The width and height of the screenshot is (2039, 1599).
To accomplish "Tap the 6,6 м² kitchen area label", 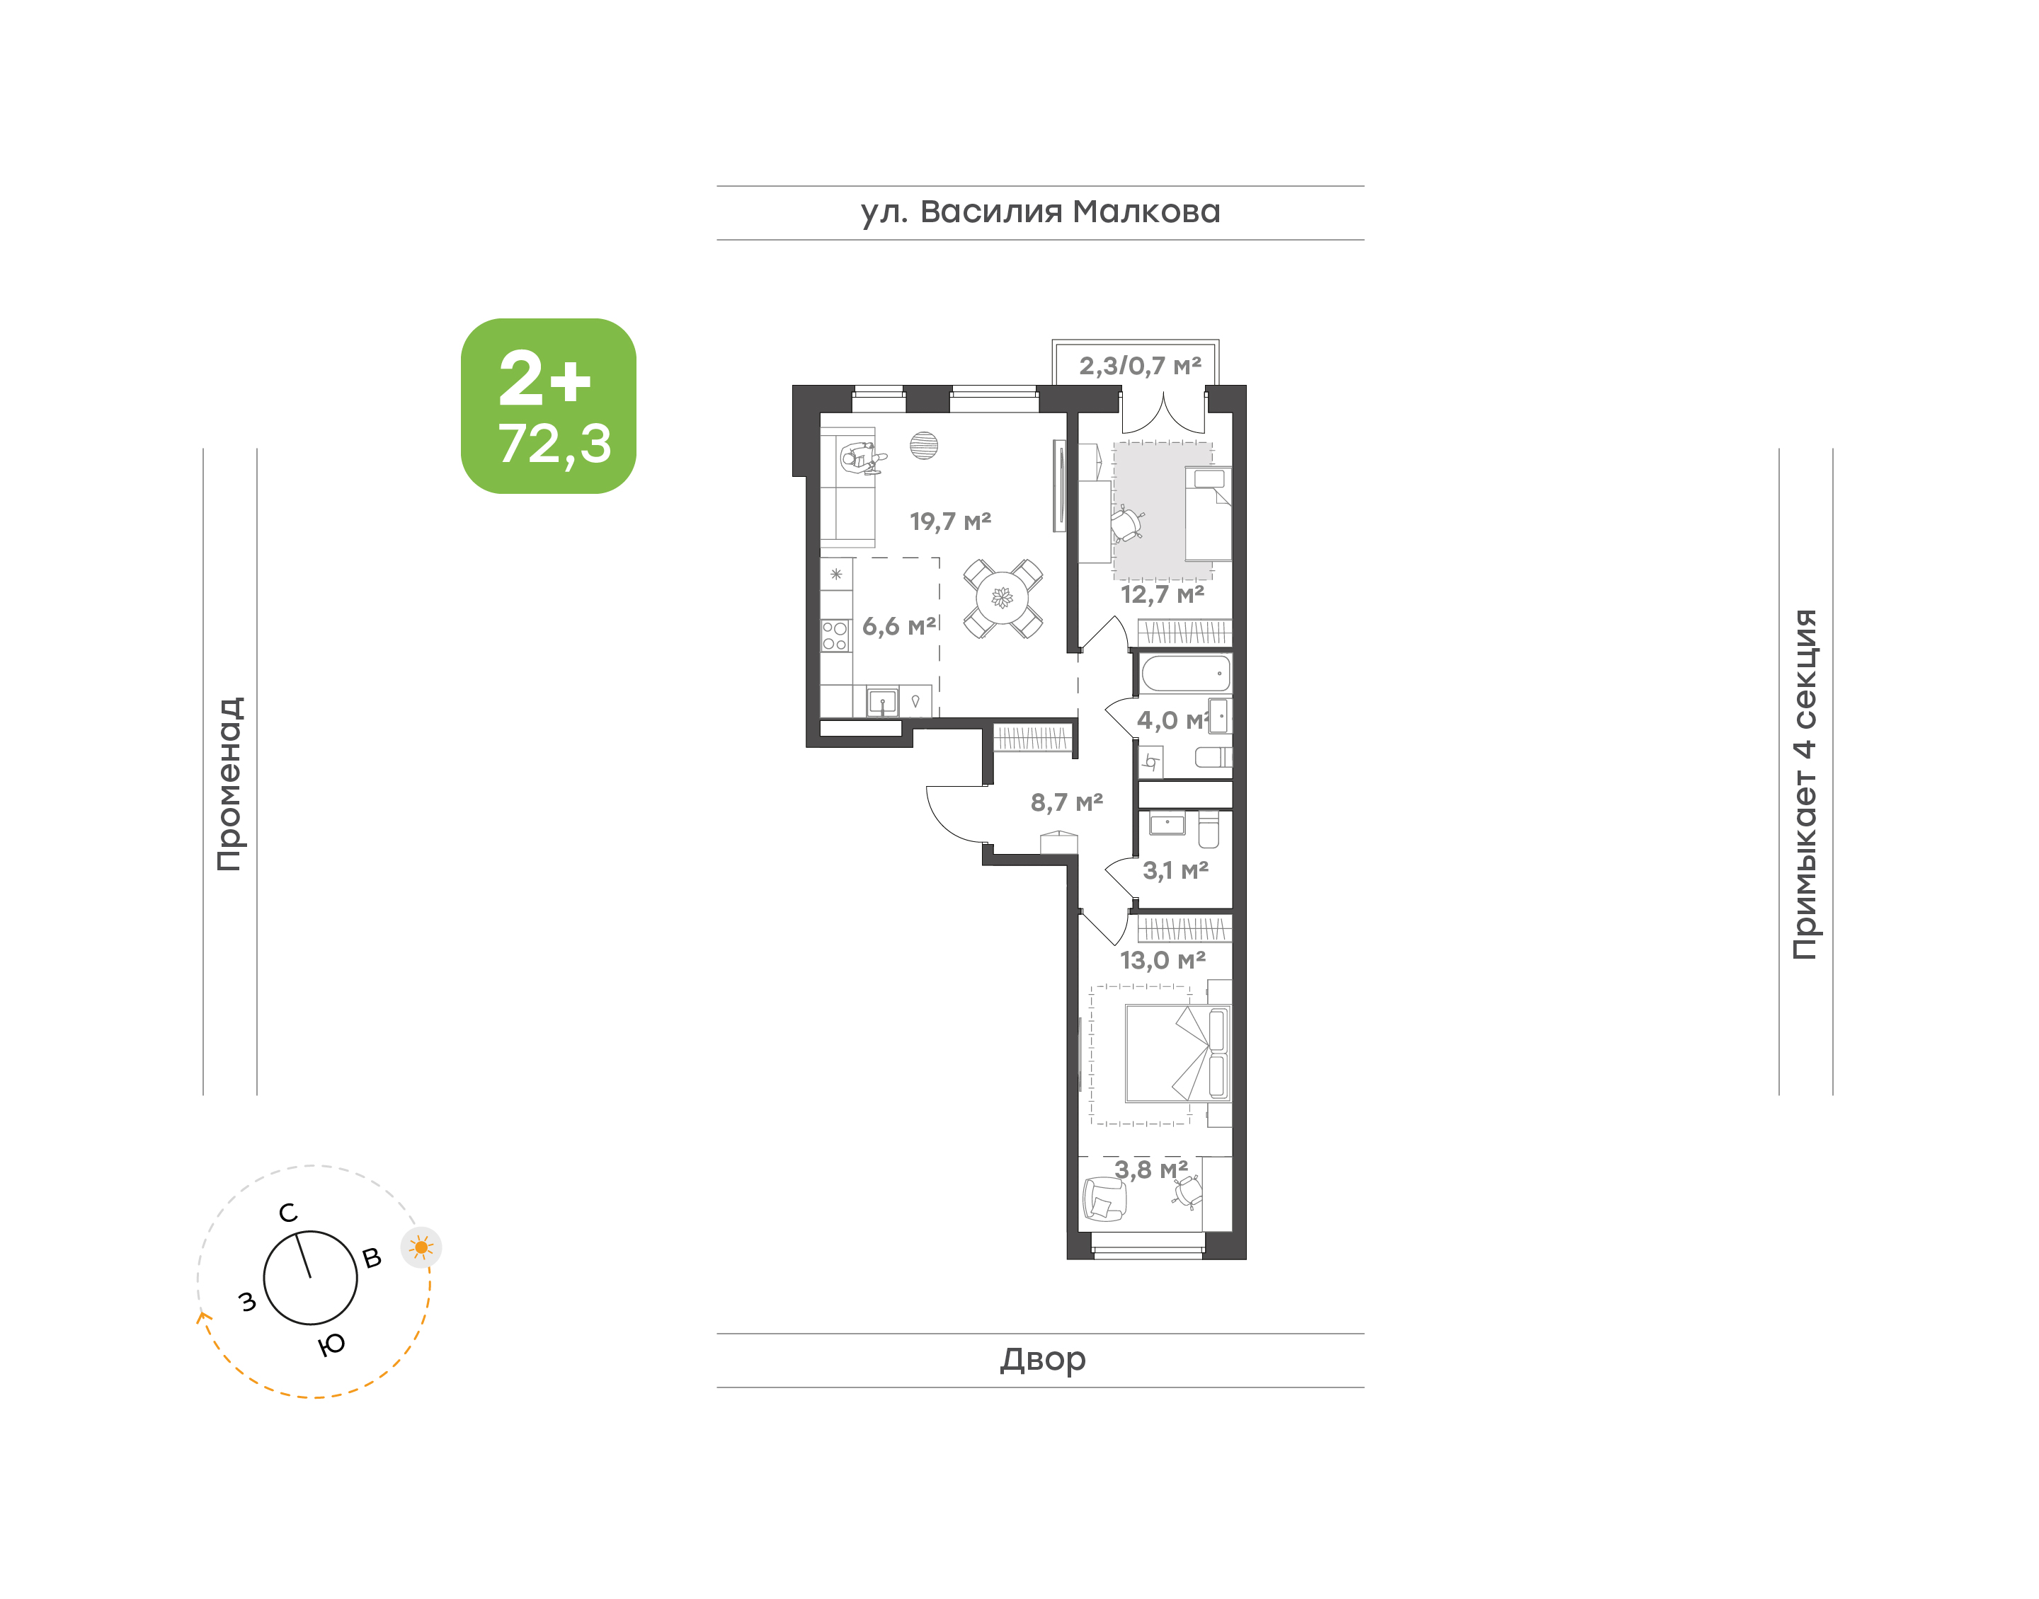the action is pyautogui.click(x=899, y=626).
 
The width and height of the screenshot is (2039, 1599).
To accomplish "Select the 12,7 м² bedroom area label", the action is pyautogui.click(x=1163, y=594).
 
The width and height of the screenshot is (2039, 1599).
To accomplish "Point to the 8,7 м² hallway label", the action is pyautogui.click(x=1067, y=802).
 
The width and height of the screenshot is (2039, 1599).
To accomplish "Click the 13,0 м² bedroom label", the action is pyautogui.click(x=1163, y=961).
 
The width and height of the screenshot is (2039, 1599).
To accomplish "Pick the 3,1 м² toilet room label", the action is pyautogui.click(x=1175, y=871).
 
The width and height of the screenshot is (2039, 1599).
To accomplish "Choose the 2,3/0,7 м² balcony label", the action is pyautogui.click(x=1140, y=366).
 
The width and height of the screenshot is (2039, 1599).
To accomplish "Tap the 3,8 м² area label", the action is pyautogui.click(x=1151, y=1170).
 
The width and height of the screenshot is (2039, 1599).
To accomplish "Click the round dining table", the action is pyautogui.click(x=1003, y=599).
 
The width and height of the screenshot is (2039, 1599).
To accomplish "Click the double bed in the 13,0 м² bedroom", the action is pyautogui.click(x=1177, y=1054).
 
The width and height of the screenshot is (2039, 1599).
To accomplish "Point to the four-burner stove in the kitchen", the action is pyautogui.click(x=835, y=635).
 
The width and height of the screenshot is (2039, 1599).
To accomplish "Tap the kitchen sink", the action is pyautogui.click(x=882, y=701).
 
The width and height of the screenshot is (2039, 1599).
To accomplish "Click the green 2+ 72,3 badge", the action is pyautogui.click(x=548, y=406).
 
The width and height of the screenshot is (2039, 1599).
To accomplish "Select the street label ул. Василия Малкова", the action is pyautogui.click(x=1041, y=212).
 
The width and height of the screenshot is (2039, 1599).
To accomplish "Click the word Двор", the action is pyautogui.click(x=1042, y=1359).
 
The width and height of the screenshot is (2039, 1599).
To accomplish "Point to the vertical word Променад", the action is pyautogui.click(x=230, y=784).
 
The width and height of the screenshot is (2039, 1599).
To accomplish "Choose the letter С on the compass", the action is pyautogui.click(x=288, y=1213).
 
